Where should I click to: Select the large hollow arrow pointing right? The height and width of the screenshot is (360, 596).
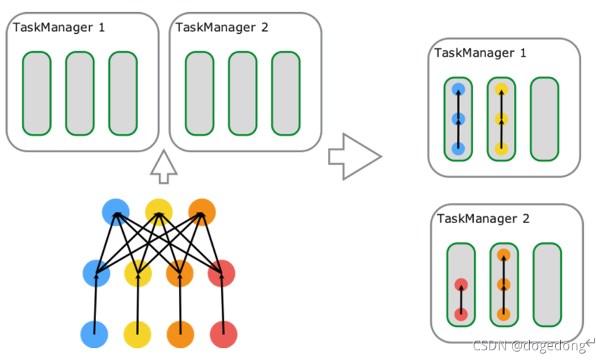point(354,157)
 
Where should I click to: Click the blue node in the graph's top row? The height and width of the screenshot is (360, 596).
point(115,211)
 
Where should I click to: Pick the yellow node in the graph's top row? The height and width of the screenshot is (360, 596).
point(158,211)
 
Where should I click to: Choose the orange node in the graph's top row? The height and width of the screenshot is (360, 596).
point(201,211)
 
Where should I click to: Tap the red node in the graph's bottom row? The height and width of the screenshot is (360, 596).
point(223,334)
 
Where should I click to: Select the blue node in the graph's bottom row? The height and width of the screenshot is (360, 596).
point(95,334)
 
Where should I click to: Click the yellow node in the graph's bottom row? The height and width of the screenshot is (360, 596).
point(137,334)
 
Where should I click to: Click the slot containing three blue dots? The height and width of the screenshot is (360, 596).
point(458,119)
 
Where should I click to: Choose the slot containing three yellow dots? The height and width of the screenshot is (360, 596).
point(501,119)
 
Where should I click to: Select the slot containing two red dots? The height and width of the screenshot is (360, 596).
point(461,285)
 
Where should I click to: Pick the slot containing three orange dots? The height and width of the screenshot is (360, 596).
point(504,285)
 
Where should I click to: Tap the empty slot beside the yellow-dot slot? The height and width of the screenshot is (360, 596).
point(544,119)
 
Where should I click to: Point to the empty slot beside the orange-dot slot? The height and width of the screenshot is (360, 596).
point(547,285)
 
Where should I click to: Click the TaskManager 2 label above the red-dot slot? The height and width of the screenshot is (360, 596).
point(483,219)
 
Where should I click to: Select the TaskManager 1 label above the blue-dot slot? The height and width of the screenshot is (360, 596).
point(481,53)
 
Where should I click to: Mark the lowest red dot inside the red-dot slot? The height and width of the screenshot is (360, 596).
point(461,314)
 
